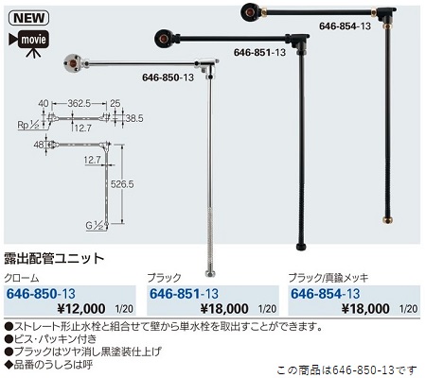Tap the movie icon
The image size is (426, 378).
click(x=29, y=43)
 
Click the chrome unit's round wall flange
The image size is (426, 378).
click(x=72, y=62)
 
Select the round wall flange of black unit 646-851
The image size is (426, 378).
click(x=163, y=39)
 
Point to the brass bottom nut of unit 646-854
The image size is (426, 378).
click(x=387, y=220)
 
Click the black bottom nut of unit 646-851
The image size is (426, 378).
click(x=301, y=247)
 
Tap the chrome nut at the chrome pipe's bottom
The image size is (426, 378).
click(x=210, y=273)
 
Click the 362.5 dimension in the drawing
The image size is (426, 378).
click(x=80, y=103)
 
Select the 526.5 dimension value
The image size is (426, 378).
click(x=122, y=184)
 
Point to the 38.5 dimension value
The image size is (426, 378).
click(x=134, y=118)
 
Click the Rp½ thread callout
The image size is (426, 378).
click(x=28, y=125)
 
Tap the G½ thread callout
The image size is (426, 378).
click(x=95, y=226)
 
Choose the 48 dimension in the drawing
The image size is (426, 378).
click(x=39, y=145)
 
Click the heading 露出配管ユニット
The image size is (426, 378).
click(x=54, y=258)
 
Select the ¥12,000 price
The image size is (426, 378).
click(x=81, y=308)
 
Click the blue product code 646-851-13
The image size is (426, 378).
click(x=184, y=294)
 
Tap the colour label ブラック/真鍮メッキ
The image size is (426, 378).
click(x=328, y=278)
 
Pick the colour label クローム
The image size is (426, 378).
click(x=22, y=278)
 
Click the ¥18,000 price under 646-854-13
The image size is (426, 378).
click(x=365, y=308)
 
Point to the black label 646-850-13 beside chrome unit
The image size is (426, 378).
click(x=168, y=77)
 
